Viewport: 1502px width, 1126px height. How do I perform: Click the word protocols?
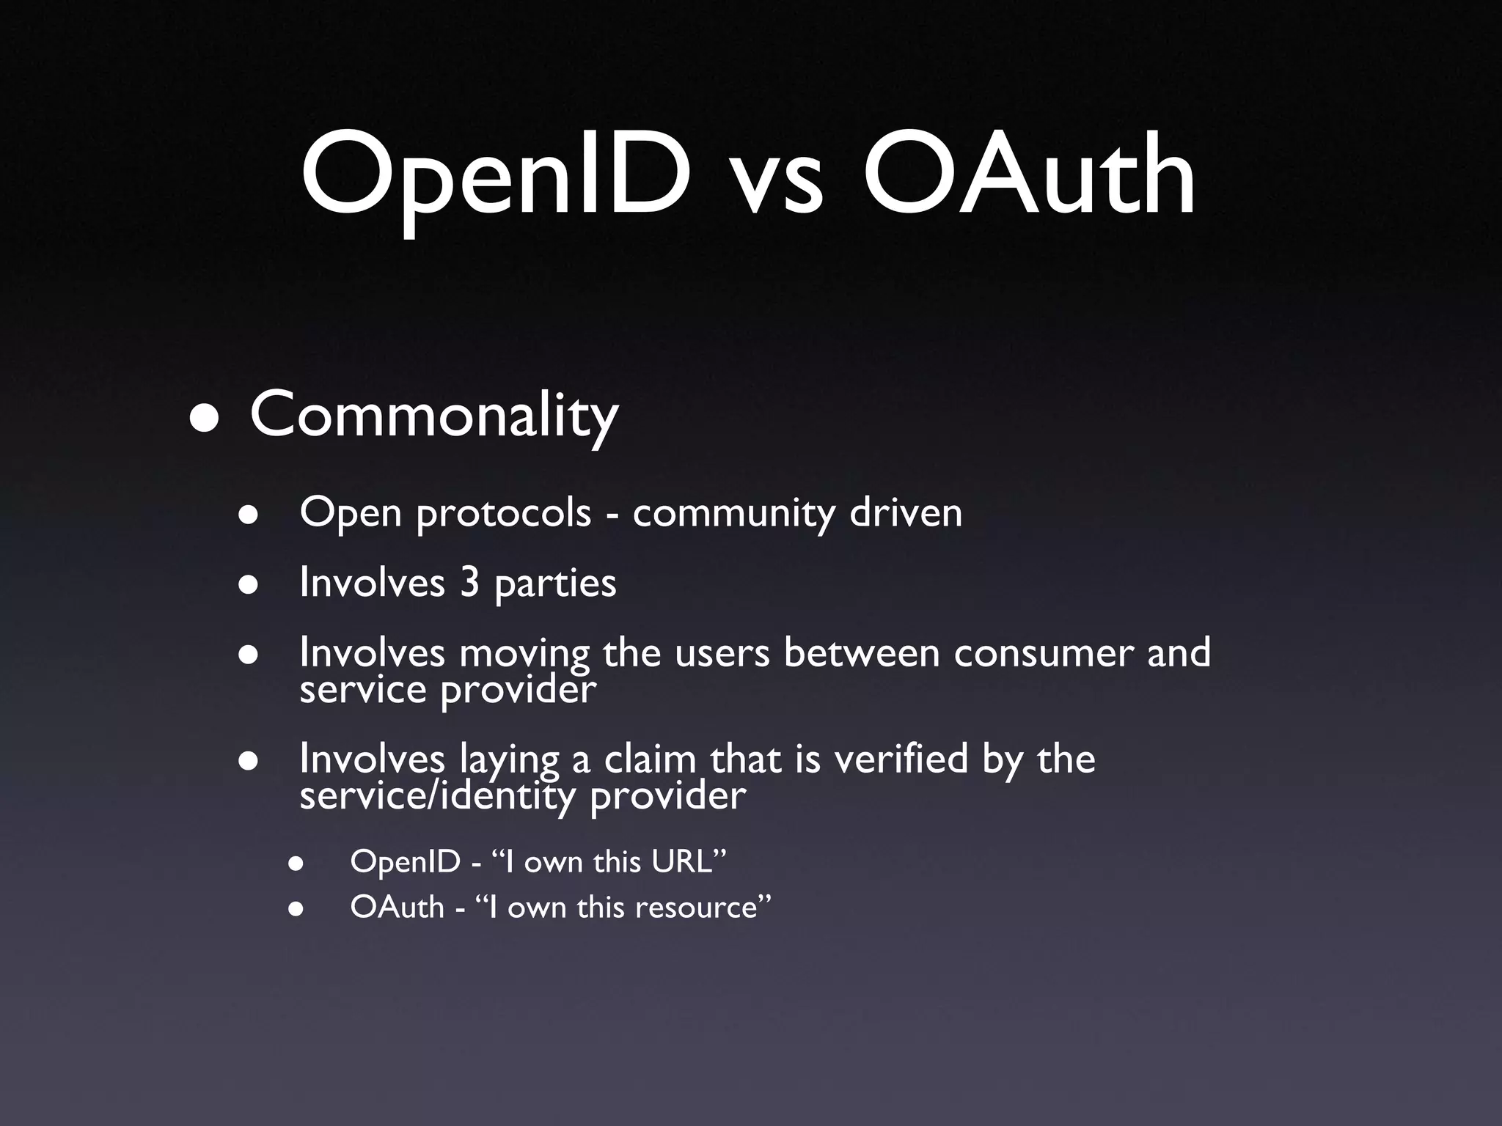(x=504, y=513)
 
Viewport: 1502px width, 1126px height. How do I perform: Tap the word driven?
(x=906, y=512)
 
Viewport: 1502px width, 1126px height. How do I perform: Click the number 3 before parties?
(x=470, y=583)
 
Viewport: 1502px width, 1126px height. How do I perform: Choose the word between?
(x=862, y=652)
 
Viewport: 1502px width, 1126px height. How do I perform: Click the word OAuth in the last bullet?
(x=398, y=908)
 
